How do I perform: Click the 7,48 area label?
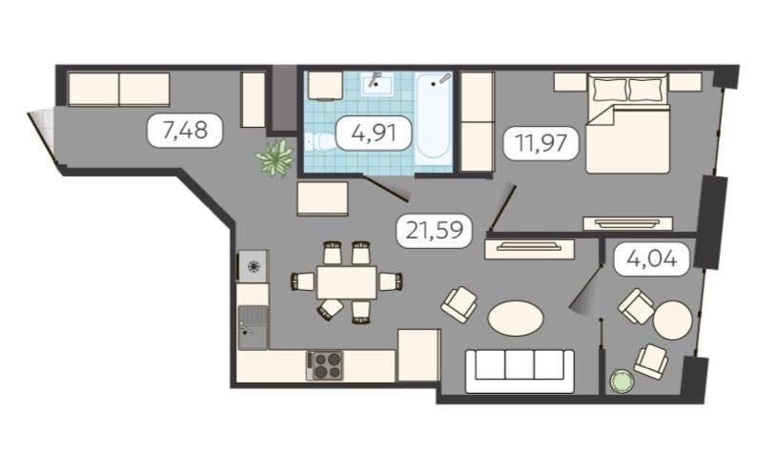(x=185, y=131)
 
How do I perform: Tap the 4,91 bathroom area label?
(x=374, y=133)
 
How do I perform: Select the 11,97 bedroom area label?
(x=541, y=143)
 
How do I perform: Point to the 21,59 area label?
(x=434, y=230)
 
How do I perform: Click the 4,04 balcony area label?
(x=652, y=258)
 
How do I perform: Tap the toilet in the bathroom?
(x=319, y=144)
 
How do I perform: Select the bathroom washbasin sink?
(x=377, y=85)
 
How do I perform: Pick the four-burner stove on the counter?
(x=325, y=365)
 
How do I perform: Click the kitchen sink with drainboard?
(x=253, y=327)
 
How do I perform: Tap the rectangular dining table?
(x=346, y=282)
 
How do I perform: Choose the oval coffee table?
(x=516, y=319)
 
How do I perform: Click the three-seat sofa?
(x=520, y=371)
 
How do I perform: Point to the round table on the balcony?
(x=672, y=319)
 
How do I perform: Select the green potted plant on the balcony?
(x=623, y=381)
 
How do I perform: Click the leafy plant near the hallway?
(x=276, y=157)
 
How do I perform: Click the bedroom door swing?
(x=503, y=209)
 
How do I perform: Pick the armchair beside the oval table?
(x=459, y=304)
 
